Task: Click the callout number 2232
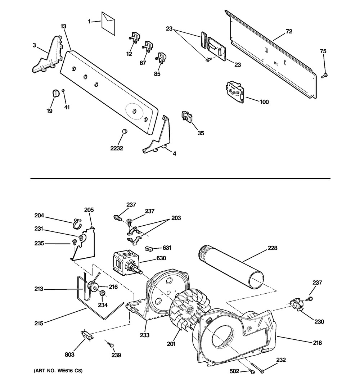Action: pos(117,148)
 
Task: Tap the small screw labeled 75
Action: pos(324,76)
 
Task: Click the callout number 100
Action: pos(264,101)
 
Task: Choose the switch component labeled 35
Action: pos(187,116)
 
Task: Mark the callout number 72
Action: pos(289,31)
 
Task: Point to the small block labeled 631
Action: pos(149,249)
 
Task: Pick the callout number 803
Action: pos(69,354)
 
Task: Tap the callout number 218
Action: pos(317,343)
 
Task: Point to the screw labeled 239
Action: pos(110,344)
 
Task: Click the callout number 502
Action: pos(234,371)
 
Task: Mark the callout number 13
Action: pos(63,26)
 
